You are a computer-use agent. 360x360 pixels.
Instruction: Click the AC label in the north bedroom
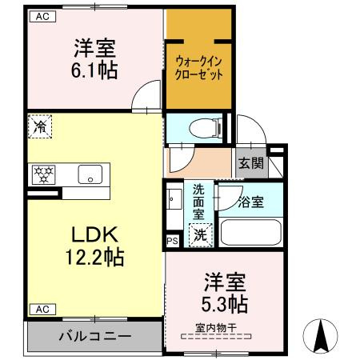pyautogui.click(x=42, y=17)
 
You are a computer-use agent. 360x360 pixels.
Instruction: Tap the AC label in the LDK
pyautogui.click(x=42, y=310)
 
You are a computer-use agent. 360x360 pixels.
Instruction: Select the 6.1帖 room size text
pyautogui.click(x=94, y=70)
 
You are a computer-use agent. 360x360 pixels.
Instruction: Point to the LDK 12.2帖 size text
pyautogui.click(x=95, y=257)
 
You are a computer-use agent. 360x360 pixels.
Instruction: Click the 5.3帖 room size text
pyautogui.click(x=225, y=304)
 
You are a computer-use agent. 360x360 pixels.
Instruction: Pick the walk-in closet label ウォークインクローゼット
pyautogui.click(x=198, y=68)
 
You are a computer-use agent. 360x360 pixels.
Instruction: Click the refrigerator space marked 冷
pyautogui.click(x=40, y=126)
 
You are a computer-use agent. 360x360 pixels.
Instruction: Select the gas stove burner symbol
pyautogui.click(x=43, y=174)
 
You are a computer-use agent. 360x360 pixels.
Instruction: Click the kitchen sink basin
pyautogui.click(x=90, y=174)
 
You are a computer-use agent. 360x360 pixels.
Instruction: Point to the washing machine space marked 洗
pyautogui.click(x=200, y=235)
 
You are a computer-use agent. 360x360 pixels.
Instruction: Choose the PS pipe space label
pyautogui.click(x=172, y=241)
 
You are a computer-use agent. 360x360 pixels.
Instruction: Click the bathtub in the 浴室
pyautogui.click(x=251, y=232)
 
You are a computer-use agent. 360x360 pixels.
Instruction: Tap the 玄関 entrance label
pyautogui.click(x=251, y=163)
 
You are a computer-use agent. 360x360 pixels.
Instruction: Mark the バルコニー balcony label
pyautogui.click(x=95, y=336)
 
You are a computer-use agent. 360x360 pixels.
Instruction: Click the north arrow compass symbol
pyautogui.click(x=321, y=336)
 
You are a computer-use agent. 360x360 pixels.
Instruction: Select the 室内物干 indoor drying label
pyautogui.click(x=216, y=328)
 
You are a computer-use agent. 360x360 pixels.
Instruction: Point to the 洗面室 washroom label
pyautogui.click(x=198, y=202)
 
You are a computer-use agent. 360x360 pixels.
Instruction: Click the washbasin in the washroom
pyautogui.click(x=174, y=199)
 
